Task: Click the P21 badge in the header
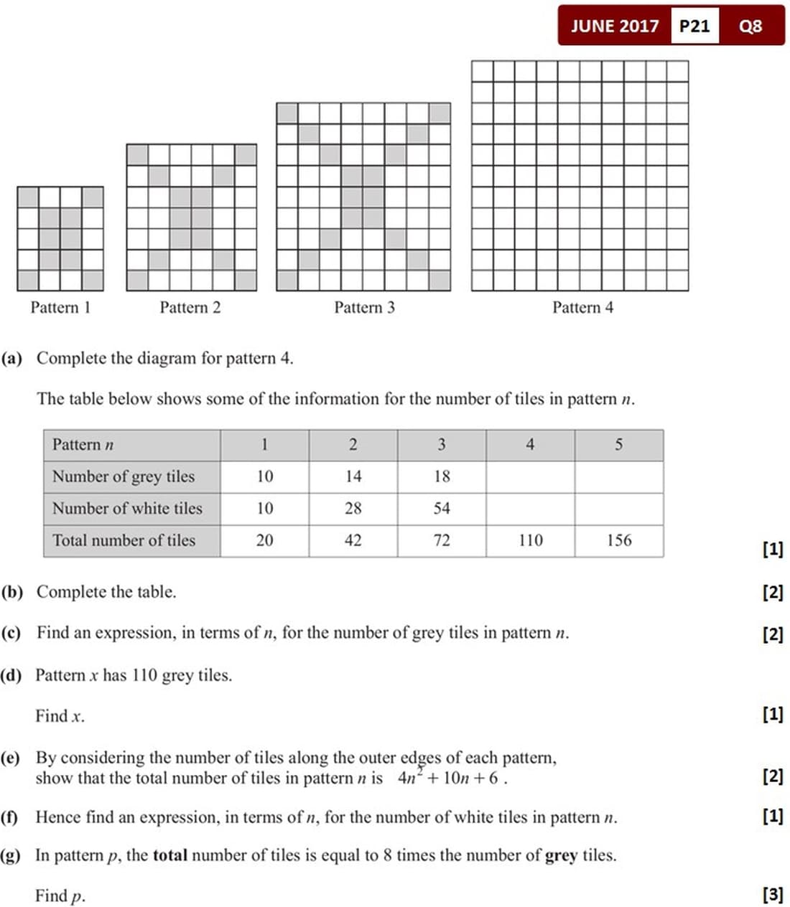pyautogui.click(x=694, y=27)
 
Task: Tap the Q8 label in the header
pyautogui.click(x=750, y=27)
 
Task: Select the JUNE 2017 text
pyautogui.click(x=614, y=27)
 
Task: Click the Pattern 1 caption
pyautogui.click(x=60, y=308)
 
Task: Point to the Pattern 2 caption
pyautogui.click(x=190, y=308)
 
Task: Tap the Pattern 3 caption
pyautogui.click(x=364, y=308)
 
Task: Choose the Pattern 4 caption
pyautogui.click(x=582, y=308)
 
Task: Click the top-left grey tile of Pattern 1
pyautogui.click(x=28, y=197)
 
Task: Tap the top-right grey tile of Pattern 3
pyautogui.click(x=440, y=113)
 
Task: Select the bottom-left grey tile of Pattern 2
pyautogui.click(x=137, y=280)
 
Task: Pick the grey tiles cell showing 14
pyautogui.click(x=353, y=476)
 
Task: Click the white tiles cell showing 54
pyautogui.click(x=442, y=509)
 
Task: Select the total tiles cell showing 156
pyautogui.click(x=618, y=540)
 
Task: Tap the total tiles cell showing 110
pyautogui.click(x=530, y=540)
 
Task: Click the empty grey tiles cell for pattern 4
pyautogui.click(x=530, y=476)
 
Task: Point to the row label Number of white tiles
pyautogui.click(x=127, y=509)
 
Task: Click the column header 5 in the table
pyautogui.click(x=618, y=445)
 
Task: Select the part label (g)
pyautogui.click(x=11, y=855)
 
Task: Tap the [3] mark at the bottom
pyautogui.click(x=773, y=895)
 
